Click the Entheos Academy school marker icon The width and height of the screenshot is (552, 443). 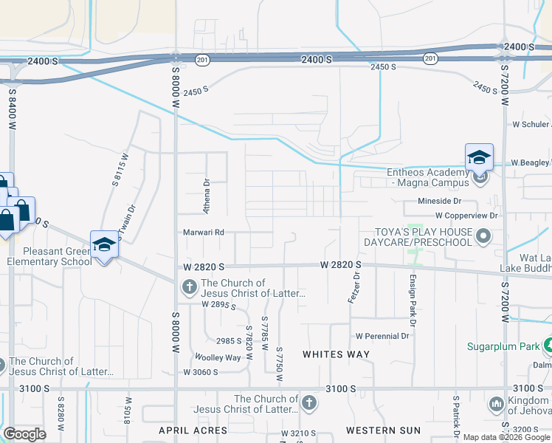479,157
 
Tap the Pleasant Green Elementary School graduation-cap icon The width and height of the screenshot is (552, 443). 104,245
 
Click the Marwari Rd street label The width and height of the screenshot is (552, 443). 204,233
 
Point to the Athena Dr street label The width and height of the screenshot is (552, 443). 207,196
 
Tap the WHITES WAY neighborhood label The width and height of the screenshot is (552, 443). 337,354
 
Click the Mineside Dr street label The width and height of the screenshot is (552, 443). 439,201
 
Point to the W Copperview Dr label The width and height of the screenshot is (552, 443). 466,216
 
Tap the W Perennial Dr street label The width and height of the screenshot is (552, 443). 382,336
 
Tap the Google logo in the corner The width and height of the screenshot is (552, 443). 25,434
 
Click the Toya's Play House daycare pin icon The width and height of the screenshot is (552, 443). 483,236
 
